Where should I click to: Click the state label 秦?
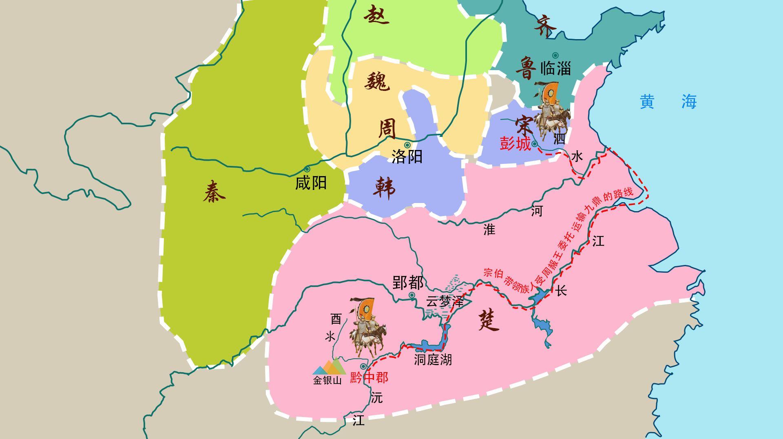pyautogui.click(x=214, y=192)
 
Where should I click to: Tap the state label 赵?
pyautogui.click(x=376, y=15)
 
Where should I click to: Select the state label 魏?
pyautogui.click(x=377, y=81)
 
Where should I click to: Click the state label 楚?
pyautogui.click(x=489, y=320)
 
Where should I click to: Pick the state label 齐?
pyautogui.click(x=545, y=26)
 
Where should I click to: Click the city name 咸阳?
pyautogui.click(x=311, y=183)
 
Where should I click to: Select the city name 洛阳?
pyautogui.click(x=407, y=157)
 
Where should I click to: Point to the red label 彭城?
pyautogui.click(x=515, y=143)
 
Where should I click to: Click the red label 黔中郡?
pyautogui.click(x=369, y=377)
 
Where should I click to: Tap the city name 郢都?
pyautogui.click(x=407, y=282)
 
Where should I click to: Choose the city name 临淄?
pyautogui.click(x=555, y=68)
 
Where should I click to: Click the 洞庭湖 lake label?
pyautogui.click(x=433, y=360)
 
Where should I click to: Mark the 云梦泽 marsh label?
pyautogui.click(x=445, y=301)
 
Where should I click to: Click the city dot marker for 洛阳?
pyautogui.click(x=407, y=145)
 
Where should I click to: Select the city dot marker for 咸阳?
pyautogui.click(x=307, y=169)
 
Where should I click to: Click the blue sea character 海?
pyautogui.click(x=689, y=101)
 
